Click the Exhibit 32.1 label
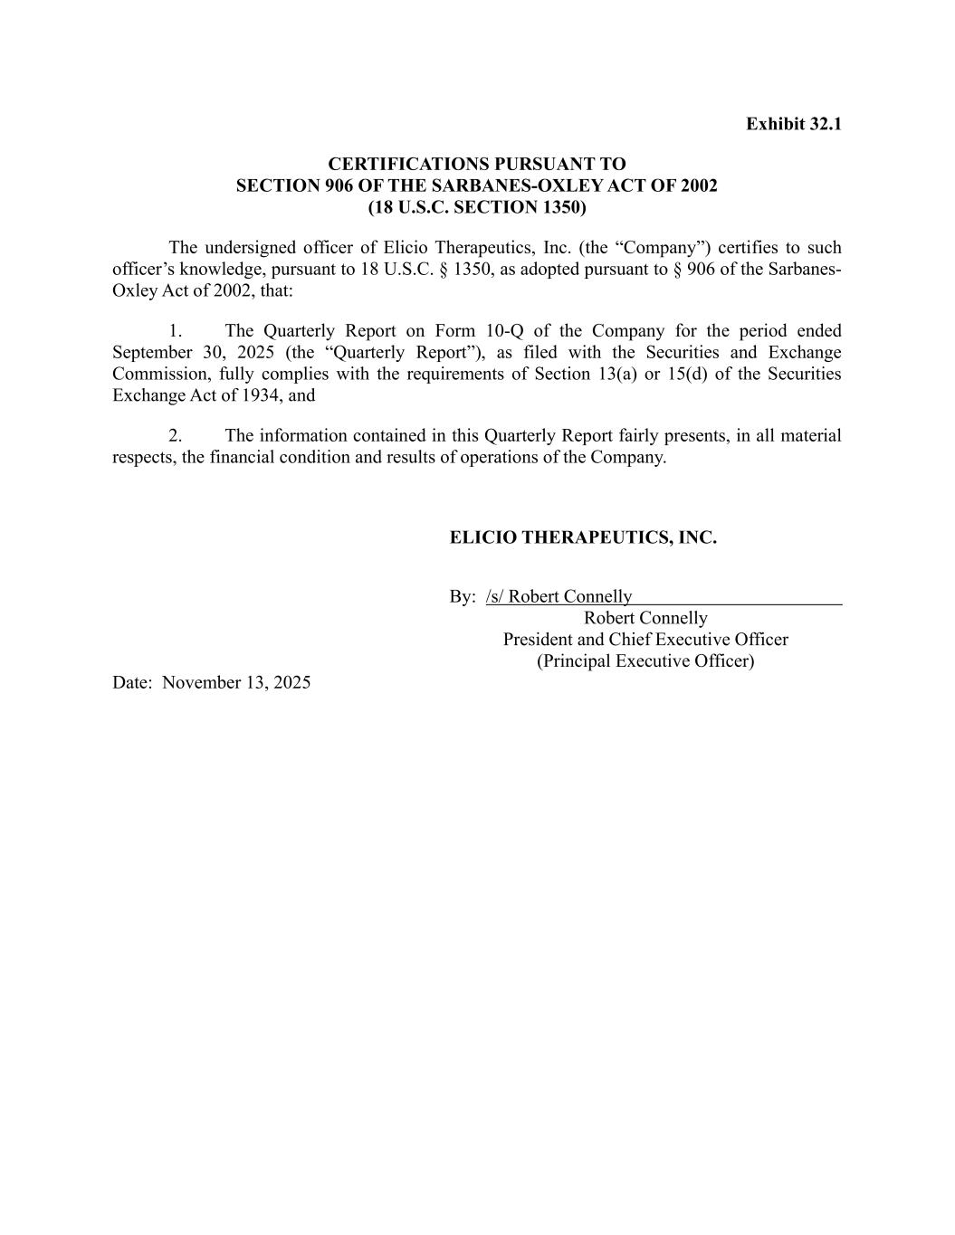pos(793,124)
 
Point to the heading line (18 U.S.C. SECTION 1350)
pos(476,207)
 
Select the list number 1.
pos(176,331)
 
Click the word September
pos(147,353)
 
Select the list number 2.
pos(176,436)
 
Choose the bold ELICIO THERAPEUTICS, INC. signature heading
pos(583,538)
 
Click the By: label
pos(462,597)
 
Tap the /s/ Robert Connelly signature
pos(559,597)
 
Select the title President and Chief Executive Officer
pos(645,640)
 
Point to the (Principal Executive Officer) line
pos(645,661)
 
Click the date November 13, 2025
pos(236,683)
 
